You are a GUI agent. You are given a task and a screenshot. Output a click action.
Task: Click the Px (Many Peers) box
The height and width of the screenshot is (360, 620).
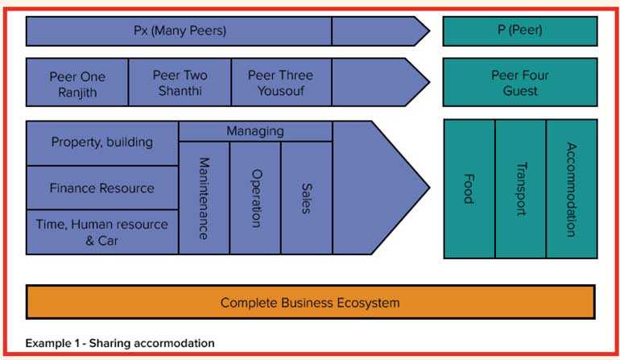coord(180,31)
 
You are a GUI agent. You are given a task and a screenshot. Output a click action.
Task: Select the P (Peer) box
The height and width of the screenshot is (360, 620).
coord(519,31)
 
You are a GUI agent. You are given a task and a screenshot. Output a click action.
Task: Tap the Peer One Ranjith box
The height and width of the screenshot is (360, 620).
coord(77,82)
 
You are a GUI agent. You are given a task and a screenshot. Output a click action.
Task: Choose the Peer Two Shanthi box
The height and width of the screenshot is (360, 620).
coord(180,82)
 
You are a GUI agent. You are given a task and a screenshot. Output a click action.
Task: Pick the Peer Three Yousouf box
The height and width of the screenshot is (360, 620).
coord(280,82)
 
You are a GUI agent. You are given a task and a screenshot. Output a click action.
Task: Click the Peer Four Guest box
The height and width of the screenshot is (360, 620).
coord(519,82)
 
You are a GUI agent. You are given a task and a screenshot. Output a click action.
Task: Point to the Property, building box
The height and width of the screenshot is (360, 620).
coord(102,143)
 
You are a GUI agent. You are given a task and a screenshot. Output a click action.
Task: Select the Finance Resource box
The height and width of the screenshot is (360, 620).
coord(102,188)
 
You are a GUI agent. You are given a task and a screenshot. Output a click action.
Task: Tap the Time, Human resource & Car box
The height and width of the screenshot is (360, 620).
coord(102,232)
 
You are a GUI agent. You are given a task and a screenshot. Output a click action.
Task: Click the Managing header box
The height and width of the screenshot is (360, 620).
coord(255,131)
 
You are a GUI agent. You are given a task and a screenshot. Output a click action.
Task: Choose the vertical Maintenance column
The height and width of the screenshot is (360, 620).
coord(204,197)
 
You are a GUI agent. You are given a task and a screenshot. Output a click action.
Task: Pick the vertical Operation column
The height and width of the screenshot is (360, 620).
coord(255,197)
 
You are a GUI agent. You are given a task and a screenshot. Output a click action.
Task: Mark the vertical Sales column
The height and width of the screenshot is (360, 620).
coord(306,197)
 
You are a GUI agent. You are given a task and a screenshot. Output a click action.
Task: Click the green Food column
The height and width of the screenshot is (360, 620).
coord(469,188)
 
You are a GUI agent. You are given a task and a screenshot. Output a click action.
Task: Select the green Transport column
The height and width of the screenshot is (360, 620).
coord(520,188)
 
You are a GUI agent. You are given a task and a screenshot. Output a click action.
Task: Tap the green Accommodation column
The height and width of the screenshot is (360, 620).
coord(572,188)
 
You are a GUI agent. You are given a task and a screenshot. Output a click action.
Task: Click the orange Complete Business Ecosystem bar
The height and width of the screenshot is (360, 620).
coord(310,303)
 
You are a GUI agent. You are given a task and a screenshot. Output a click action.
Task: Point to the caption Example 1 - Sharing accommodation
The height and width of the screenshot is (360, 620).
coord(120,343)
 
